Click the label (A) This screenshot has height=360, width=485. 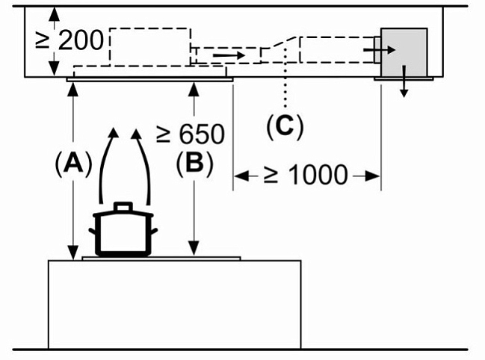coord(72,162)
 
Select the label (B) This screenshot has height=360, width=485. coord(194,162)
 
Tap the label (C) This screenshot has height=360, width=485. coord(285,127)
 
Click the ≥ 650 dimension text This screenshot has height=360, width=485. coord(190,134)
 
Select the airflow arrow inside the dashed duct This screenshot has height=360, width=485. coord(229,55)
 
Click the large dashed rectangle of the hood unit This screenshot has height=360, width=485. coord(149,46)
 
